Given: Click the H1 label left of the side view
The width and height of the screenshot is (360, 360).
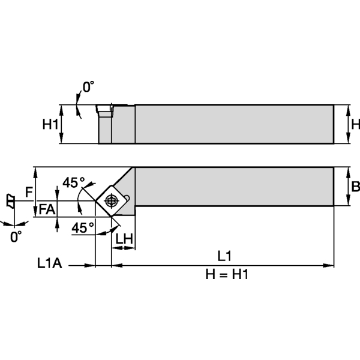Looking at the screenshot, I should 49,124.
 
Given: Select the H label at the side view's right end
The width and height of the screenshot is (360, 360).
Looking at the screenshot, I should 355,124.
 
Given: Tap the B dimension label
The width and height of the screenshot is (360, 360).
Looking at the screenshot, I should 355,187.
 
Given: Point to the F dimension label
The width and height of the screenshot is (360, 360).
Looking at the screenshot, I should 28,192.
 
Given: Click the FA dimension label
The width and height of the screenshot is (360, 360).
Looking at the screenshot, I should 47,209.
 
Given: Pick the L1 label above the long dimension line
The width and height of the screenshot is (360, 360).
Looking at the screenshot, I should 224,256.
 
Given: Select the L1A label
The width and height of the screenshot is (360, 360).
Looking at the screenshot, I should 50,263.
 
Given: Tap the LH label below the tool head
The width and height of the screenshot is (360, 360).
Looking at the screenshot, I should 124,239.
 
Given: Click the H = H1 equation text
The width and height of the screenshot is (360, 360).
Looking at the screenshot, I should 227,274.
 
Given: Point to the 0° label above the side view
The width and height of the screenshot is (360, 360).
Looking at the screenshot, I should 88,88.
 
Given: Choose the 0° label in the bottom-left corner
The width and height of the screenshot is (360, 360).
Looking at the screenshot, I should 16,236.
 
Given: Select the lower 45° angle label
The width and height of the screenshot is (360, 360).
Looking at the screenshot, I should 83,227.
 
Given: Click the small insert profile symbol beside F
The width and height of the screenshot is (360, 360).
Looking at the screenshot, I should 10,200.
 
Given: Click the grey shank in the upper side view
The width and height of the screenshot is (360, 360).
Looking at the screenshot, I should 234,124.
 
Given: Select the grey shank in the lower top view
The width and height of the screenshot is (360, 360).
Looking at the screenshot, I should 234,187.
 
